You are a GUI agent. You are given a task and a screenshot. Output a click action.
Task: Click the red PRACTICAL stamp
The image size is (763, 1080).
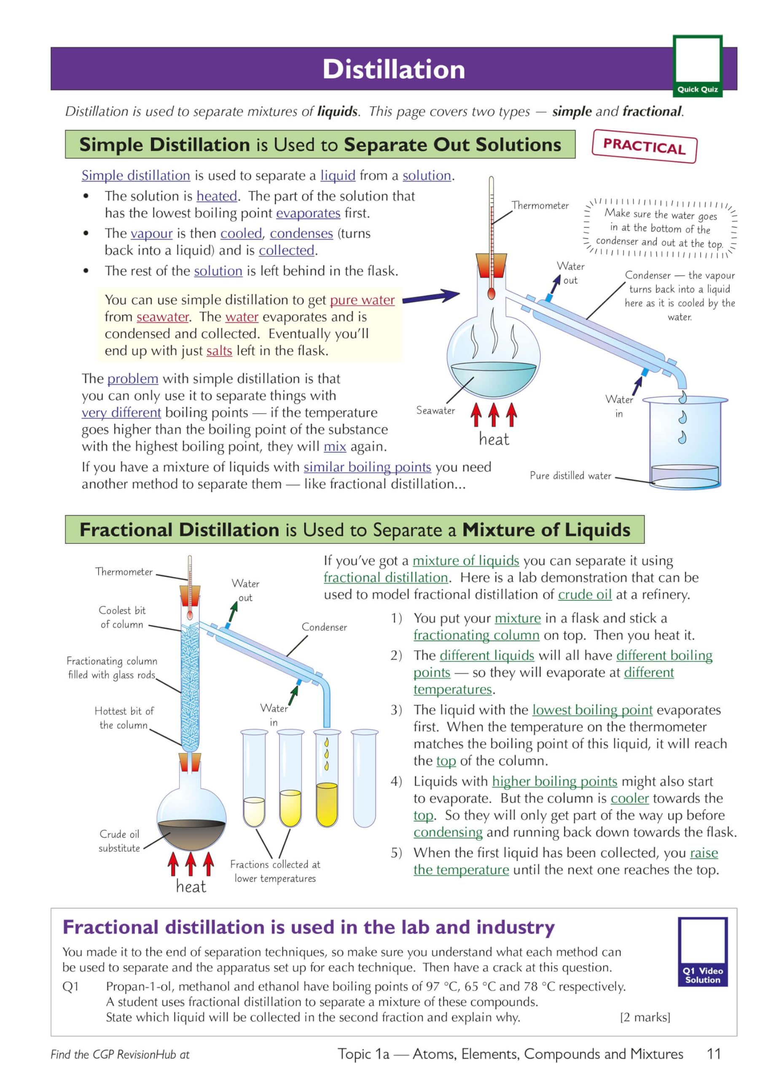pyautogui.click(x=644, y=146)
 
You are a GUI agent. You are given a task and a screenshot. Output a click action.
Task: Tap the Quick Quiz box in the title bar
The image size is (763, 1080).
pyautogui.click(x=697, y=66)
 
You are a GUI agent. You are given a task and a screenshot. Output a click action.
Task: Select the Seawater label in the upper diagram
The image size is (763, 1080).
pyautogui.click(x=435, y=410)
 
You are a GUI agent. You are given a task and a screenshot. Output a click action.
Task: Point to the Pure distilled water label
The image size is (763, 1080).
pyautogui.click(x=570, y=475)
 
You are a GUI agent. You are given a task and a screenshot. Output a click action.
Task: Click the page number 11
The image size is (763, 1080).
pyautogui.click(x=714, y=1054)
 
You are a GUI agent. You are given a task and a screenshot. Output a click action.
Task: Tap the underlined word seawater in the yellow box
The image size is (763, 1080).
pyautogui.click(x=163, y=317)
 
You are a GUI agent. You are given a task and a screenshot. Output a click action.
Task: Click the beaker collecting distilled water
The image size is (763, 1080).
pyautogui.click(x=685, y=442)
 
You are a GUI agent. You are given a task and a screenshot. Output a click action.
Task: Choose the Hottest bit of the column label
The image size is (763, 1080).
pyautogui.click(x=124, y=718)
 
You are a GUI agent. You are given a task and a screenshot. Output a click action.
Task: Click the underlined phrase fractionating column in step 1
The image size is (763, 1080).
pyautogui.click(x=476, y=635)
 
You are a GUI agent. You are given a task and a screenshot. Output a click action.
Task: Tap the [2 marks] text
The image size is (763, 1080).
pyautogui.click(x=645, y=1017)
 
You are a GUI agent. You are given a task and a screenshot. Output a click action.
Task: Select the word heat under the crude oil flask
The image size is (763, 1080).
pyautogui.click(x=191, y=887)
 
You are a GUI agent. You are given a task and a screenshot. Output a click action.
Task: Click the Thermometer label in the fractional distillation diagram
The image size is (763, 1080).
pyautogui.click(x=124, y=572)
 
